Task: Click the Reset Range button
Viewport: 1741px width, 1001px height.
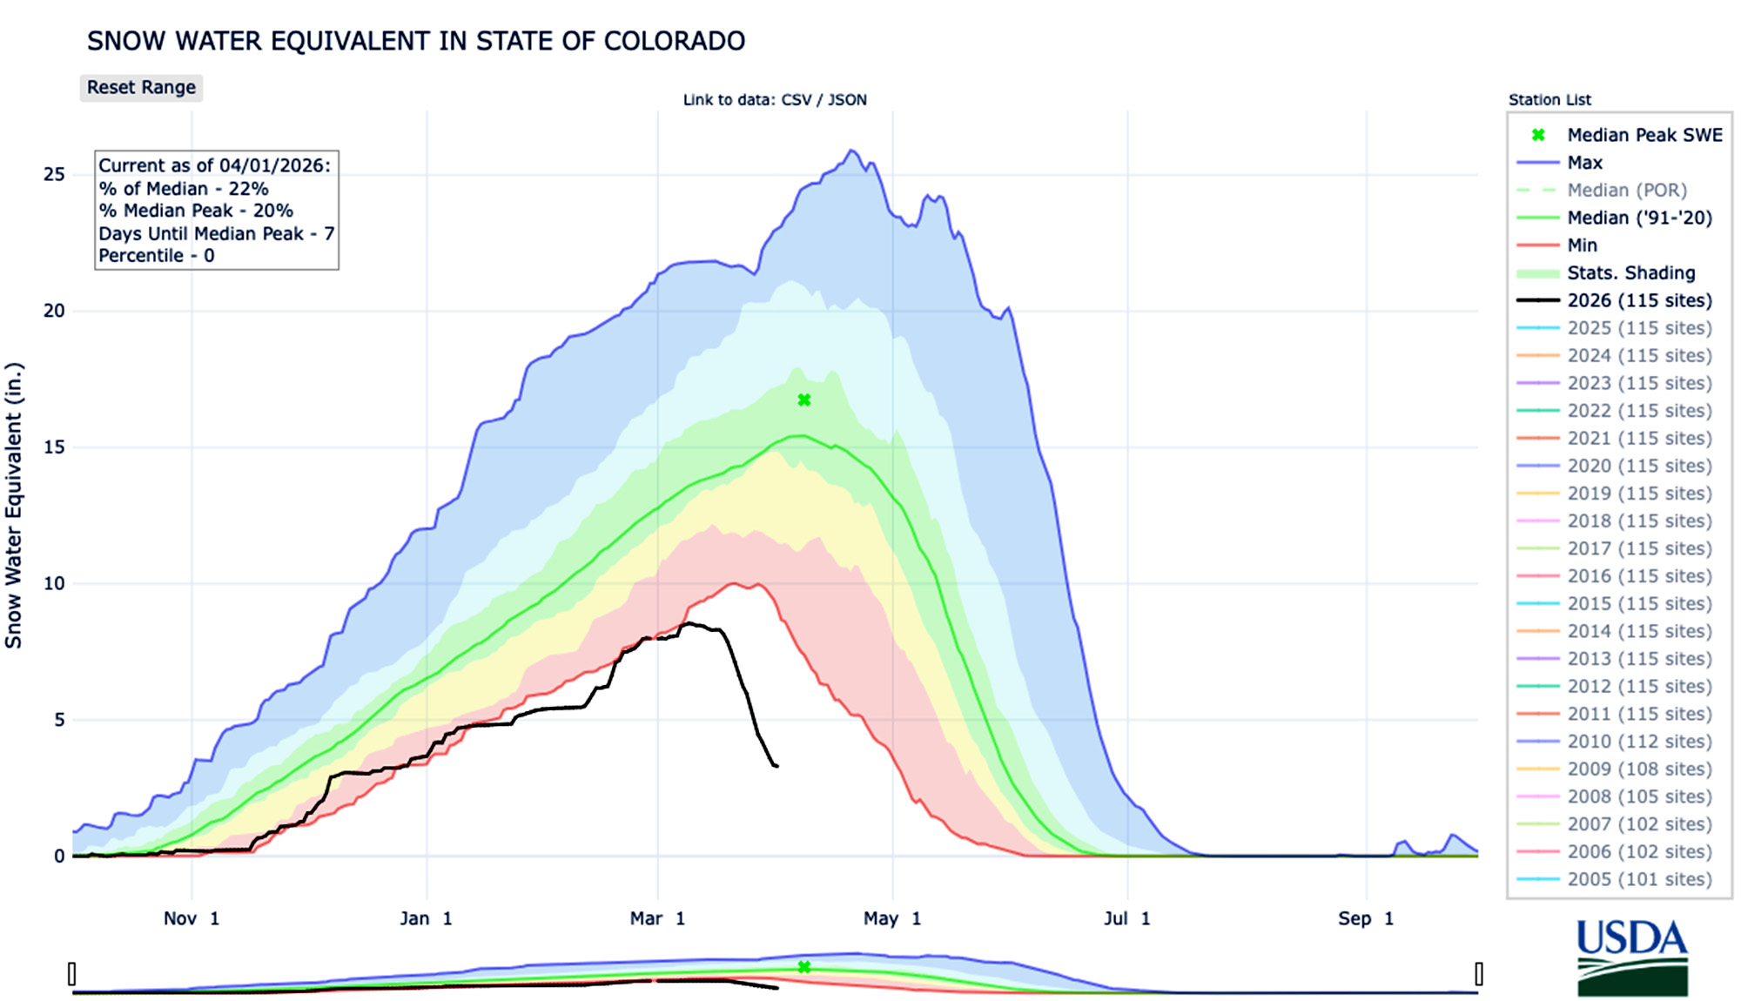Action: click(141, 88)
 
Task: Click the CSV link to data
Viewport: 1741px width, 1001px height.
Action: click(796, 100)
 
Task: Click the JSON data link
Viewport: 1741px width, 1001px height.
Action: click(847, 100)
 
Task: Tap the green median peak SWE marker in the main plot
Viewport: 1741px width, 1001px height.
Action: click(804, 400)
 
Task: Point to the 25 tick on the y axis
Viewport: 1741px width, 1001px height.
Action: click(54, 175)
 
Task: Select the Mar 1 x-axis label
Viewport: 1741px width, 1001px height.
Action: click(657, 918)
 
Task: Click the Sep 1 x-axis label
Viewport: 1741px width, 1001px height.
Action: click(1365, 918)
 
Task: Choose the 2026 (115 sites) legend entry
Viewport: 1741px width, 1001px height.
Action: click(1638, 300)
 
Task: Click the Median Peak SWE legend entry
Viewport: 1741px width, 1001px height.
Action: click(1644, 135)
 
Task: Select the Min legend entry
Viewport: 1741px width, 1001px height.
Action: click(1582, 245)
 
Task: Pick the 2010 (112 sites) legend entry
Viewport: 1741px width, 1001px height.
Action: click(1638, 742)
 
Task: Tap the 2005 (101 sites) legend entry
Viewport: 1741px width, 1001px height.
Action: click(1638, 879)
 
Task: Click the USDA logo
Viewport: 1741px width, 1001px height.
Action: click(1632, 957)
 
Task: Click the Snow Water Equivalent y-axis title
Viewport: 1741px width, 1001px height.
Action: click(13, 505)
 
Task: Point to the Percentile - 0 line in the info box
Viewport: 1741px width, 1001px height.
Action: click(157, 256)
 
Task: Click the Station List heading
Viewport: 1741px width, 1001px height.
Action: click(1549, 100)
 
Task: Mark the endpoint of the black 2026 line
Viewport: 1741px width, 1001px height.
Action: click(777, 766)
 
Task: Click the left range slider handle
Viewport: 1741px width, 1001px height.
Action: click(72, 973)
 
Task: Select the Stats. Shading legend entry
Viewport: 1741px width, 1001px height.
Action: click(1630, 273)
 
